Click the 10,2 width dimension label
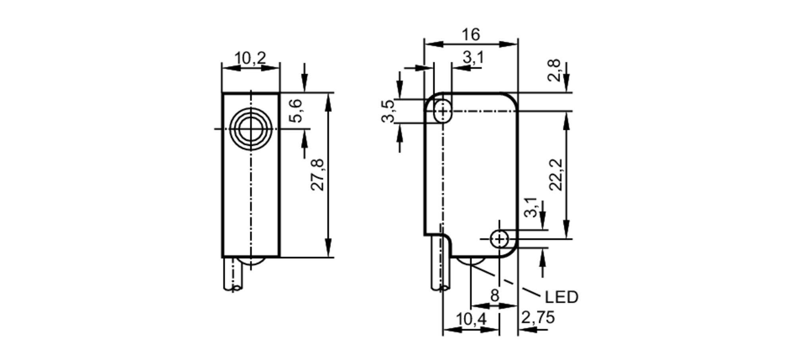pos(250,58)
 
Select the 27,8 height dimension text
pos(318,175)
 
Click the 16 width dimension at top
pos(471,35)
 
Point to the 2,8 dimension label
pos(554,70)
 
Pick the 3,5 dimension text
pos(388,111)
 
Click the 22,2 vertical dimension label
pos(556,175)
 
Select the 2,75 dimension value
pos(538,318)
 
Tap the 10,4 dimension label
pos(471,319)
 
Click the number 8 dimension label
pos(494,296)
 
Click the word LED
pos(561,297)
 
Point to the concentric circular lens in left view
pos(251,129)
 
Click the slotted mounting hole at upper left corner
pos(442,112)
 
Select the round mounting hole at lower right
pos(499,239)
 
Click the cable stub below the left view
pos(233,274)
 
